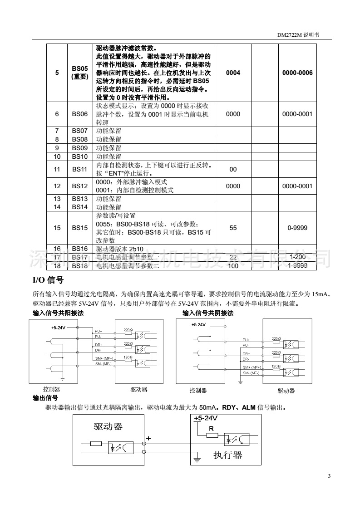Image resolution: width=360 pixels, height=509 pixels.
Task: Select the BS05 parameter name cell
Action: point(80,73)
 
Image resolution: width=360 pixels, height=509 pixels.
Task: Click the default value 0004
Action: point(233,73)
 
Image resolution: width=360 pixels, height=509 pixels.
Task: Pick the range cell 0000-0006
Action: point(297,73)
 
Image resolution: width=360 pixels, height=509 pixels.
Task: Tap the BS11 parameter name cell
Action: point(80,169)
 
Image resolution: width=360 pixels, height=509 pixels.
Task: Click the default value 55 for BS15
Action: point(233,228)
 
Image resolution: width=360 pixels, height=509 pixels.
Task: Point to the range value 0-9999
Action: point(297,228)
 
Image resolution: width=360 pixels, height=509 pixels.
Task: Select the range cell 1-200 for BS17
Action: point(297,258)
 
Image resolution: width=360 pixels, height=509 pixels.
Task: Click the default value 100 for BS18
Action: point(233,266)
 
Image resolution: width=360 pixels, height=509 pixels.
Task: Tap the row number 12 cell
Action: point(57,186)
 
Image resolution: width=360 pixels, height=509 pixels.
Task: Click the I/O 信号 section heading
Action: point(48,279)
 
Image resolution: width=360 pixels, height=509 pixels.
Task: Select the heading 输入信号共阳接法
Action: point(58,313)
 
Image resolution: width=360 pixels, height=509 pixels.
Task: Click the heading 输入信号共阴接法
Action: point(208,313)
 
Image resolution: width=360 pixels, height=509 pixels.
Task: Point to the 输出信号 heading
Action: point(45,398)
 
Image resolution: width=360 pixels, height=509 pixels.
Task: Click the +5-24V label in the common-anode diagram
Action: point(58,327)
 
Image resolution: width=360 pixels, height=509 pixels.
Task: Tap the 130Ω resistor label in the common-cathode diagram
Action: point(276,366)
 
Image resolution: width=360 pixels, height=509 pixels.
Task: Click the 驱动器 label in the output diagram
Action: point(108,426)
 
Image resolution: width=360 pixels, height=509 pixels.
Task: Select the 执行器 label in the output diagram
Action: point(228,455)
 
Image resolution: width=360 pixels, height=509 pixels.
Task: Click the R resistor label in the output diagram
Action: point(211,428)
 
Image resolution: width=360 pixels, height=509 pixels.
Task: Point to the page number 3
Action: point(329,476)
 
